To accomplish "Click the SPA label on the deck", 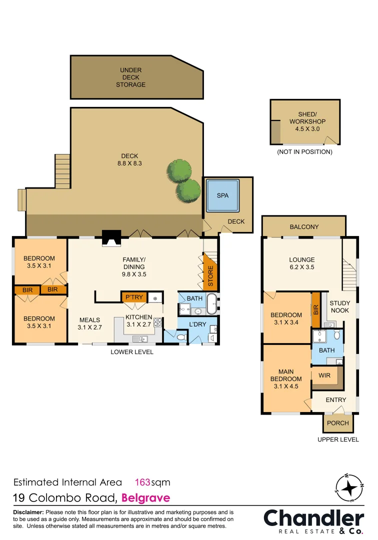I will [x=222, y=195].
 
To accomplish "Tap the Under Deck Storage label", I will [x=131, y=77].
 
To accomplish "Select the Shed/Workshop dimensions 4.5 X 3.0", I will [x=305, y=128].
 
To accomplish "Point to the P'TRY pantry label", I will [x=134, y=297].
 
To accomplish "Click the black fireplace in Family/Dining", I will [x=111, y=238].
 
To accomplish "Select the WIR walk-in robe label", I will [x=324, y=375].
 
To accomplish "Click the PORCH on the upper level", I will [x=337, y=423].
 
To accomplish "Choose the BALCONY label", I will [x=304, y=227].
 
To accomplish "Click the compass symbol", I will [x=348, y=487].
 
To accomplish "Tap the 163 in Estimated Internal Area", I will [x=143, y=482].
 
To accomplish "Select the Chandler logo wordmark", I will [x=313, y=518].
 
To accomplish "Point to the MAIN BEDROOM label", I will [x=286, y=378].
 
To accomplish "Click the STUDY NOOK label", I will [x=340, y=307].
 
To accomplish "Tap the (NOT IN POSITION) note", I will [x=304, y=151].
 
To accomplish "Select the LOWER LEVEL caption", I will [x=132, y=352].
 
